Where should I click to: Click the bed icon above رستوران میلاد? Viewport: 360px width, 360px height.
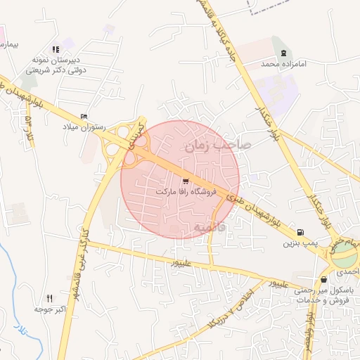tap(84, 116)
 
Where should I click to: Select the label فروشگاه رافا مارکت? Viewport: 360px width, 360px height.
tap(186, 191)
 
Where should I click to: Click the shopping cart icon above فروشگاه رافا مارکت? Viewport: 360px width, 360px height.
tap(185, 181)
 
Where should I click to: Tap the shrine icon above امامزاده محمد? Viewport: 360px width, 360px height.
tap(283, 53)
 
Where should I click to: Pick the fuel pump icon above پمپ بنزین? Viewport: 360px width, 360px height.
tap(301, 233)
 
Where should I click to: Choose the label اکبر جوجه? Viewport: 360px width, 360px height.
tap(49, 309)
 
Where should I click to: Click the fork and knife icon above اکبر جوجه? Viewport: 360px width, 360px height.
tap(49, 298)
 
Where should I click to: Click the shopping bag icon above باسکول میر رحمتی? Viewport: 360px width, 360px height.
tap(323, 280)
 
